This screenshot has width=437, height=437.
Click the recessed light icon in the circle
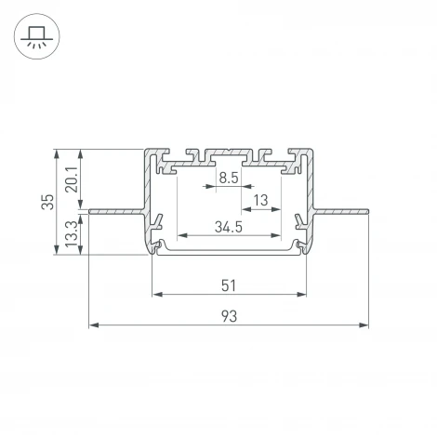click(x=37, y=38)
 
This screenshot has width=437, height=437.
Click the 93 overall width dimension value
click(x=229, y=316)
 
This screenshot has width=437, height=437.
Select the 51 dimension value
click(x=229, y=285)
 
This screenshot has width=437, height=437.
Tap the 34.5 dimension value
click(x=229, y=226)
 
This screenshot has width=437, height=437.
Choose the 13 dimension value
click(x=261, y=199)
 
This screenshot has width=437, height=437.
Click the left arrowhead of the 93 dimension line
click(x=93, y=325)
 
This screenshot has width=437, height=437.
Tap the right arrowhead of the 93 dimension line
click(x=364, y=325)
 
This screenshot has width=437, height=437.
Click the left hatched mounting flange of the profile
click(x=116, y=213)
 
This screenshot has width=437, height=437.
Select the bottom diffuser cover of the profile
click(x=229, y=249)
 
